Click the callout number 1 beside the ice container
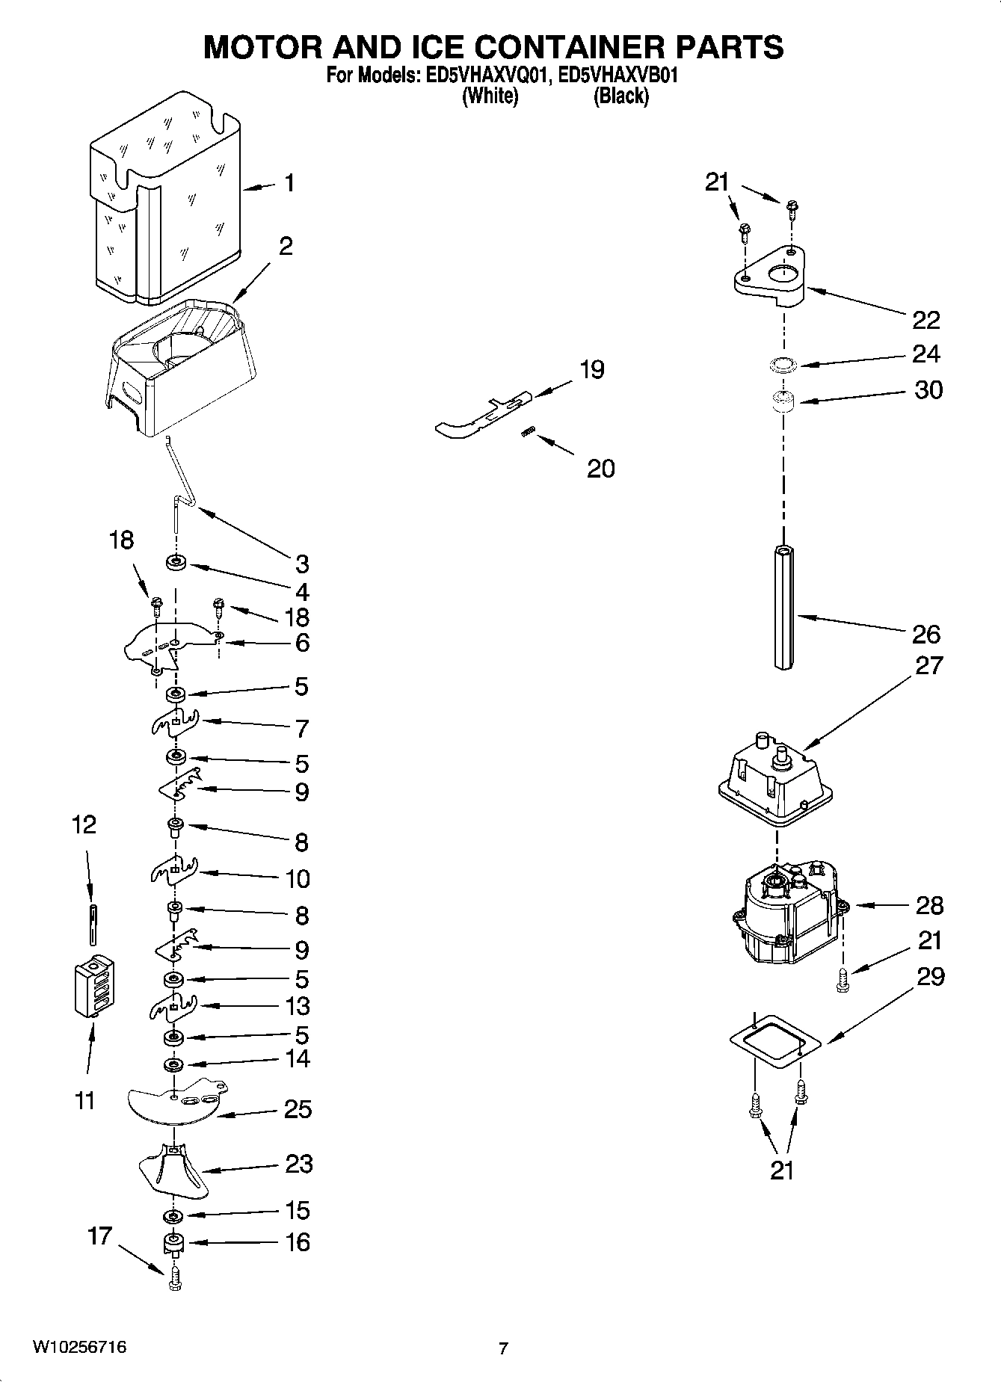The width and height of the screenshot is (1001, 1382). pyautogui.click(x=289, y=183)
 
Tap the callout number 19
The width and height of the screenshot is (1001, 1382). pyautogui.click(x=592, y=369)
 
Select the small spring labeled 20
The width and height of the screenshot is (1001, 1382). pyautogui.click(x=529, y=433)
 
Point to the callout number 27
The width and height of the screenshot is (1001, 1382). pyautogui.click(x=929, y=664)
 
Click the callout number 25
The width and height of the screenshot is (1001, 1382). pyautogui.click(x=298, y=1109)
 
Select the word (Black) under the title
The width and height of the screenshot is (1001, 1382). pyautogui.click(x=620, y=96)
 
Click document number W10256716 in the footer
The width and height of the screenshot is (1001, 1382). pyautogui.click(x=78, y=1348)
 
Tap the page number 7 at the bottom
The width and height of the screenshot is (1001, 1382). pyautogui.click(x=503, y=1349)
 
